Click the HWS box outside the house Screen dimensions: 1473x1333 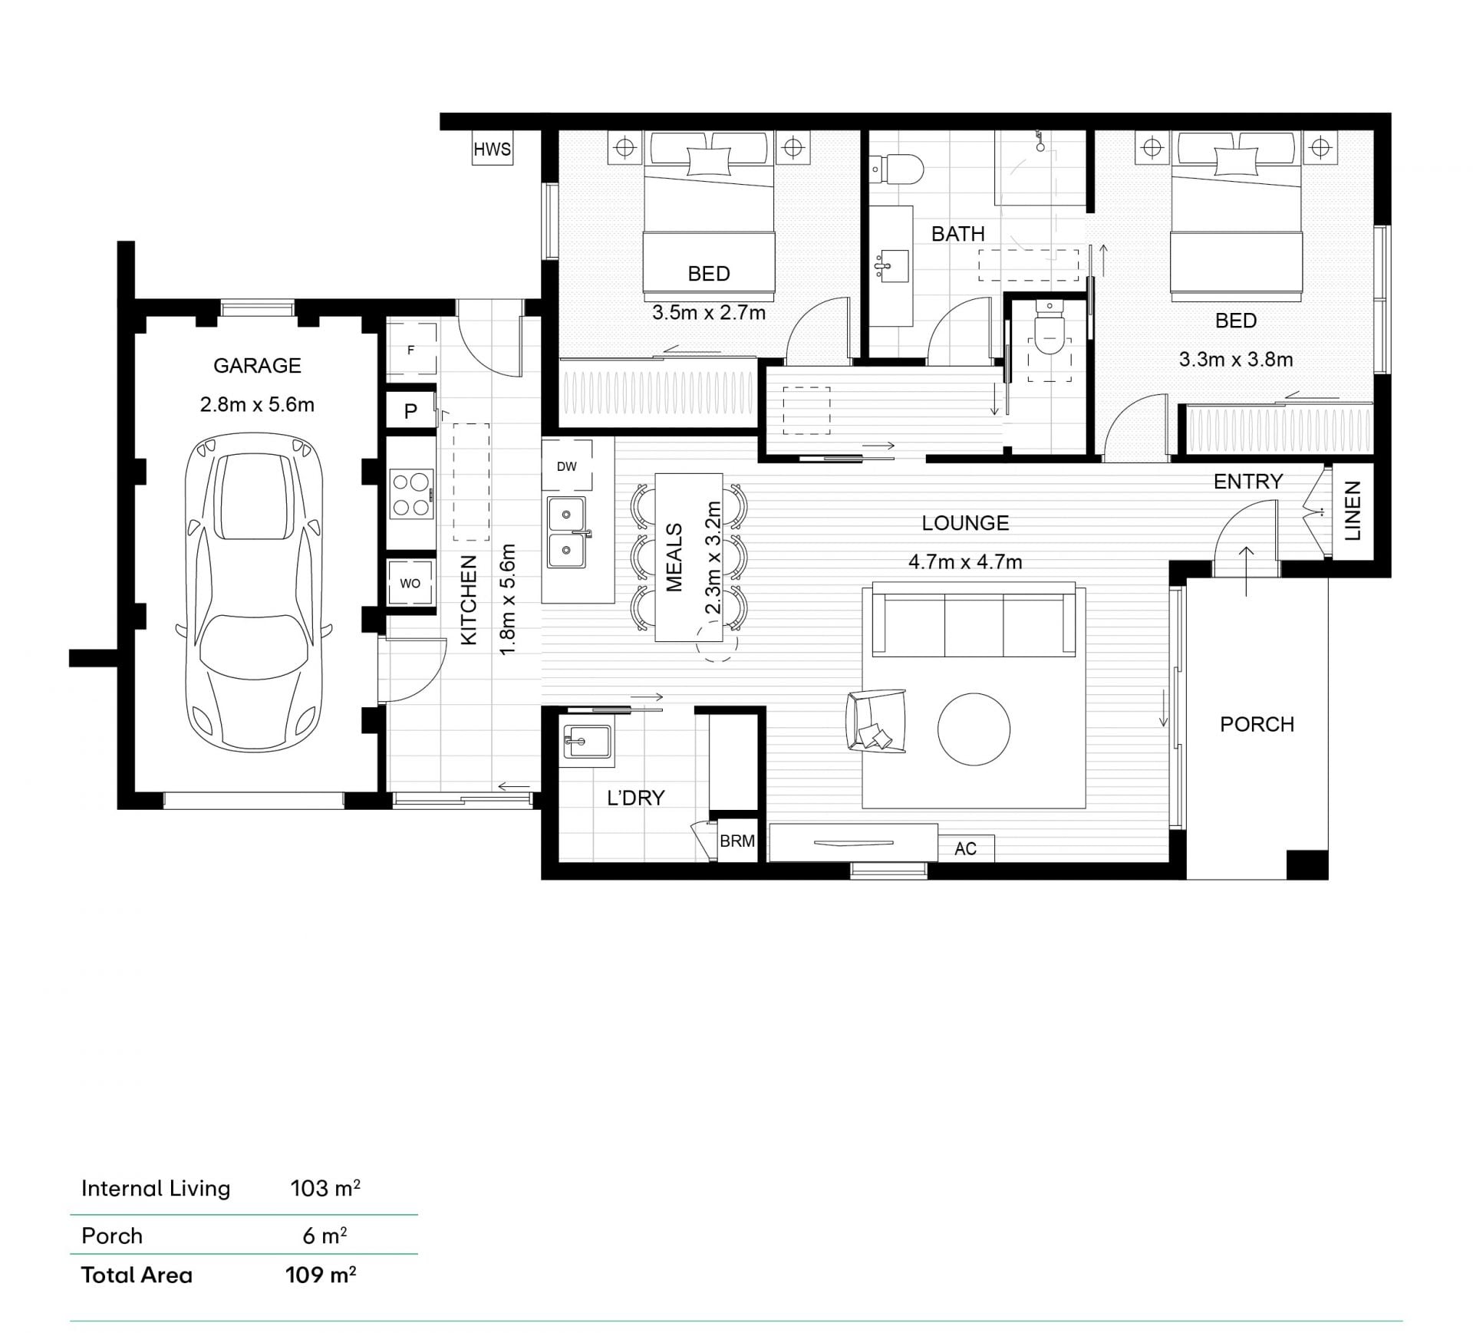(492, 150)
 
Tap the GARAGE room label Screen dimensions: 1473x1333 (257, 366)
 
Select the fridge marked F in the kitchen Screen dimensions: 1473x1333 (411, 350)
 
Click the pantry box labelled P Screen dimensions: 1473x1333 (410, 411)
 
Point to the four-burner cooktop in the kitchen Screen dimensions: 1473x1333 (412, 495)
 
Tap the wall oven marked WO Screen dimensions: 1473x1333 (410, 583)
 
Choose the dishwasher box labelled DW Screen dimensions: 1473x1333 (567, 466)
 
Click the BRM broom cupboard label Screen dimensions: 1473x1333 (737, 841)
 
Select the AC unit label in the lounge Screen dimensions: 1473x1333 (966, 848)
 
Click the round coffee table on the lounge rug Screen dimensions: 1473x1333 (974, 729)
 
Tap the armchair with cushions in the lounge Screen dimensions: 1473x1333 (875, 719)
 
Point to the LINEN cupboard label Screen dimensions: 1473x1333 (1353, 511)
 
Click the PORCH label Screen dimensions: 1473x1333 (1257, 724)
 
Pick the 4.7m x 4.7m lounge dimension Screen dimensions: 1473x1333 (965, 562)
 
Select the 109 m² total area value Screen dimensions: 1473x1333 (321, 1275)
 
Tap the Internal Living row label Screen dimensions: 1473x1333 (156, 1188)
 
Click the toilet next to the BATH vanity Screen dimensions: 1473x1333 (897, 169)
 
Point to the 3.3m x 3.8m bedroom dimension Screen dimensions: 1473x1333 (1236, 359)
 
